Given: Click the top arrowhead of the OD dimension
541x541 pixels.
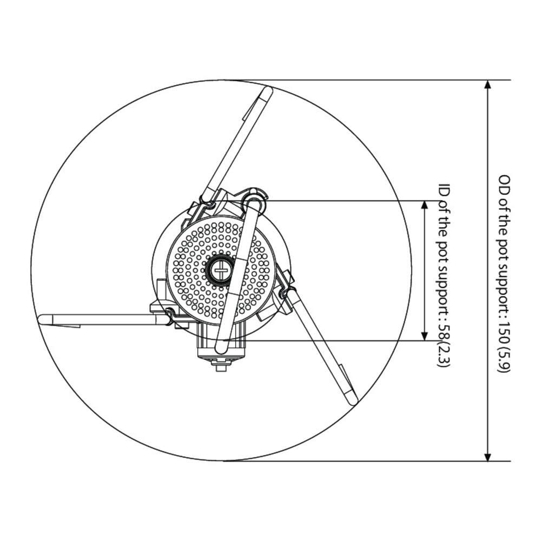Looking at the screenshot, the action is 487,85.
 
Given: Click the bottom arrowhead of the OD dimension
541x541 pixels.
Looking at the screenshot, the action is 487,456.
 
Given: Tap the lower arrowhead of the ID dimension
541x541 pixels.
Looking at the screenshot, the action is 425,336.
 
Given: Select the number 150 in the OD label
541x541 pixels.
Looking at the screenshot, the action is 504,333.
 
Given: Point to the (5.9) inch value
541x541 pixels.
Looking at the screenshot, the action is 504,359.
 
